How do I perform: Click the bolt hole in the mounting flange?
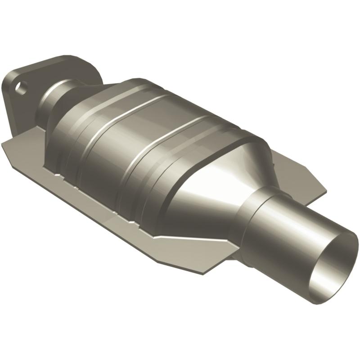pos(21,86)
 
